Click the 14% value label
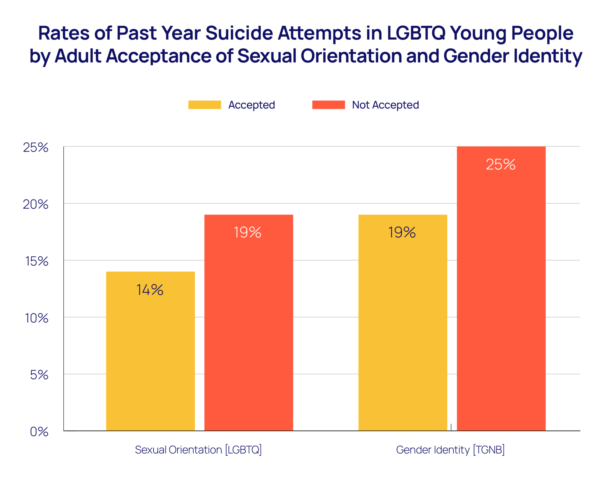tap(150, 290)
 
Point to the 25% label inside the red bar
tap(501, 164)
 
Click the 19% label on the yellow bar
tap(402, 232)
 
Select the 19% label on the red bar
tap(247, 232)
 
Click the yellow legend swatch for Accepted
tap(204, 105)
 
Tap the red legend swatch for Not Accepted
tap(328, 105)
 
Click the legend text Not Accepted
tap(385, 105)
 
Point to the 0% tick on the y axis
tap(39, 432)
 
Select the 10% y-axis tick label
tap(36, 318)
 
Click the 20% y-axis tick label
tap(36, 204)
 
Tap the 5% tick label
tap(39, 375)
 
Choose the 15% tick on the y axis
tap(36, 261)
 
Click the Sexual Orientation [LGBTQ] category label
tap(198, 450)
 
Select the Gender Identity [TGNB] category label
tap(450, 450)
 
